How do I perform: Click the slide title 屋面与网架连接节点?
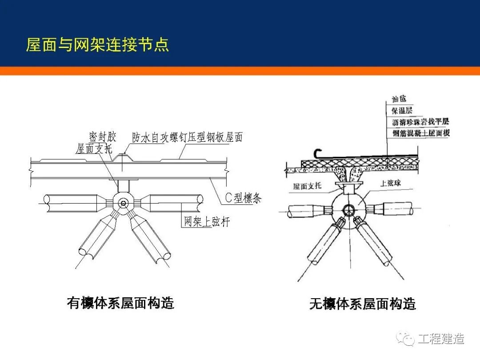pyautogui.click(x=97, y=45)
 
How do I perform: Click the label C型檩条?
pyautogui.click(x=243, y=198)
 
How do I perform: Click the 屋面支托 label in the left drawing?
pyautogui.click(x=94, y=149)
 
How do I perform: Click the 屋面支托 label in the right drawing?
pyautogui.click(x=307, y=186)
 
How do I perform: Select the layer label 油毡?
pyautogui.click(x=399, y=99)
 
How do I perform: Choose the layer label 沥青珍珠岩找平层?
pyautogui.click(x=420, y=121)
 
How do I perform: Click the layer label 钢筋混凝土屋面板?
pyautogui.click(x=420, y=132)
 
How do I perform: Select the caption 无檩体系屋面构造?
pyautogui.click(x=362, y=304)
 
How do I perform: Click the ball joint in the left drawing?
pyautogui.click(x=123, y=203)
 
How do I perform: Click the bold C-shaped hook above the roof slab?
pyautogui.click(x=317, y=153)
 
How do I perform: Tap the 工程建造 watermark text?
pyautogui.click(x=440, y=339)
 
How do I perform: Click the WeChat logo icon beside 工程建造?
pyautogui.click(x=405, y=339)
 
